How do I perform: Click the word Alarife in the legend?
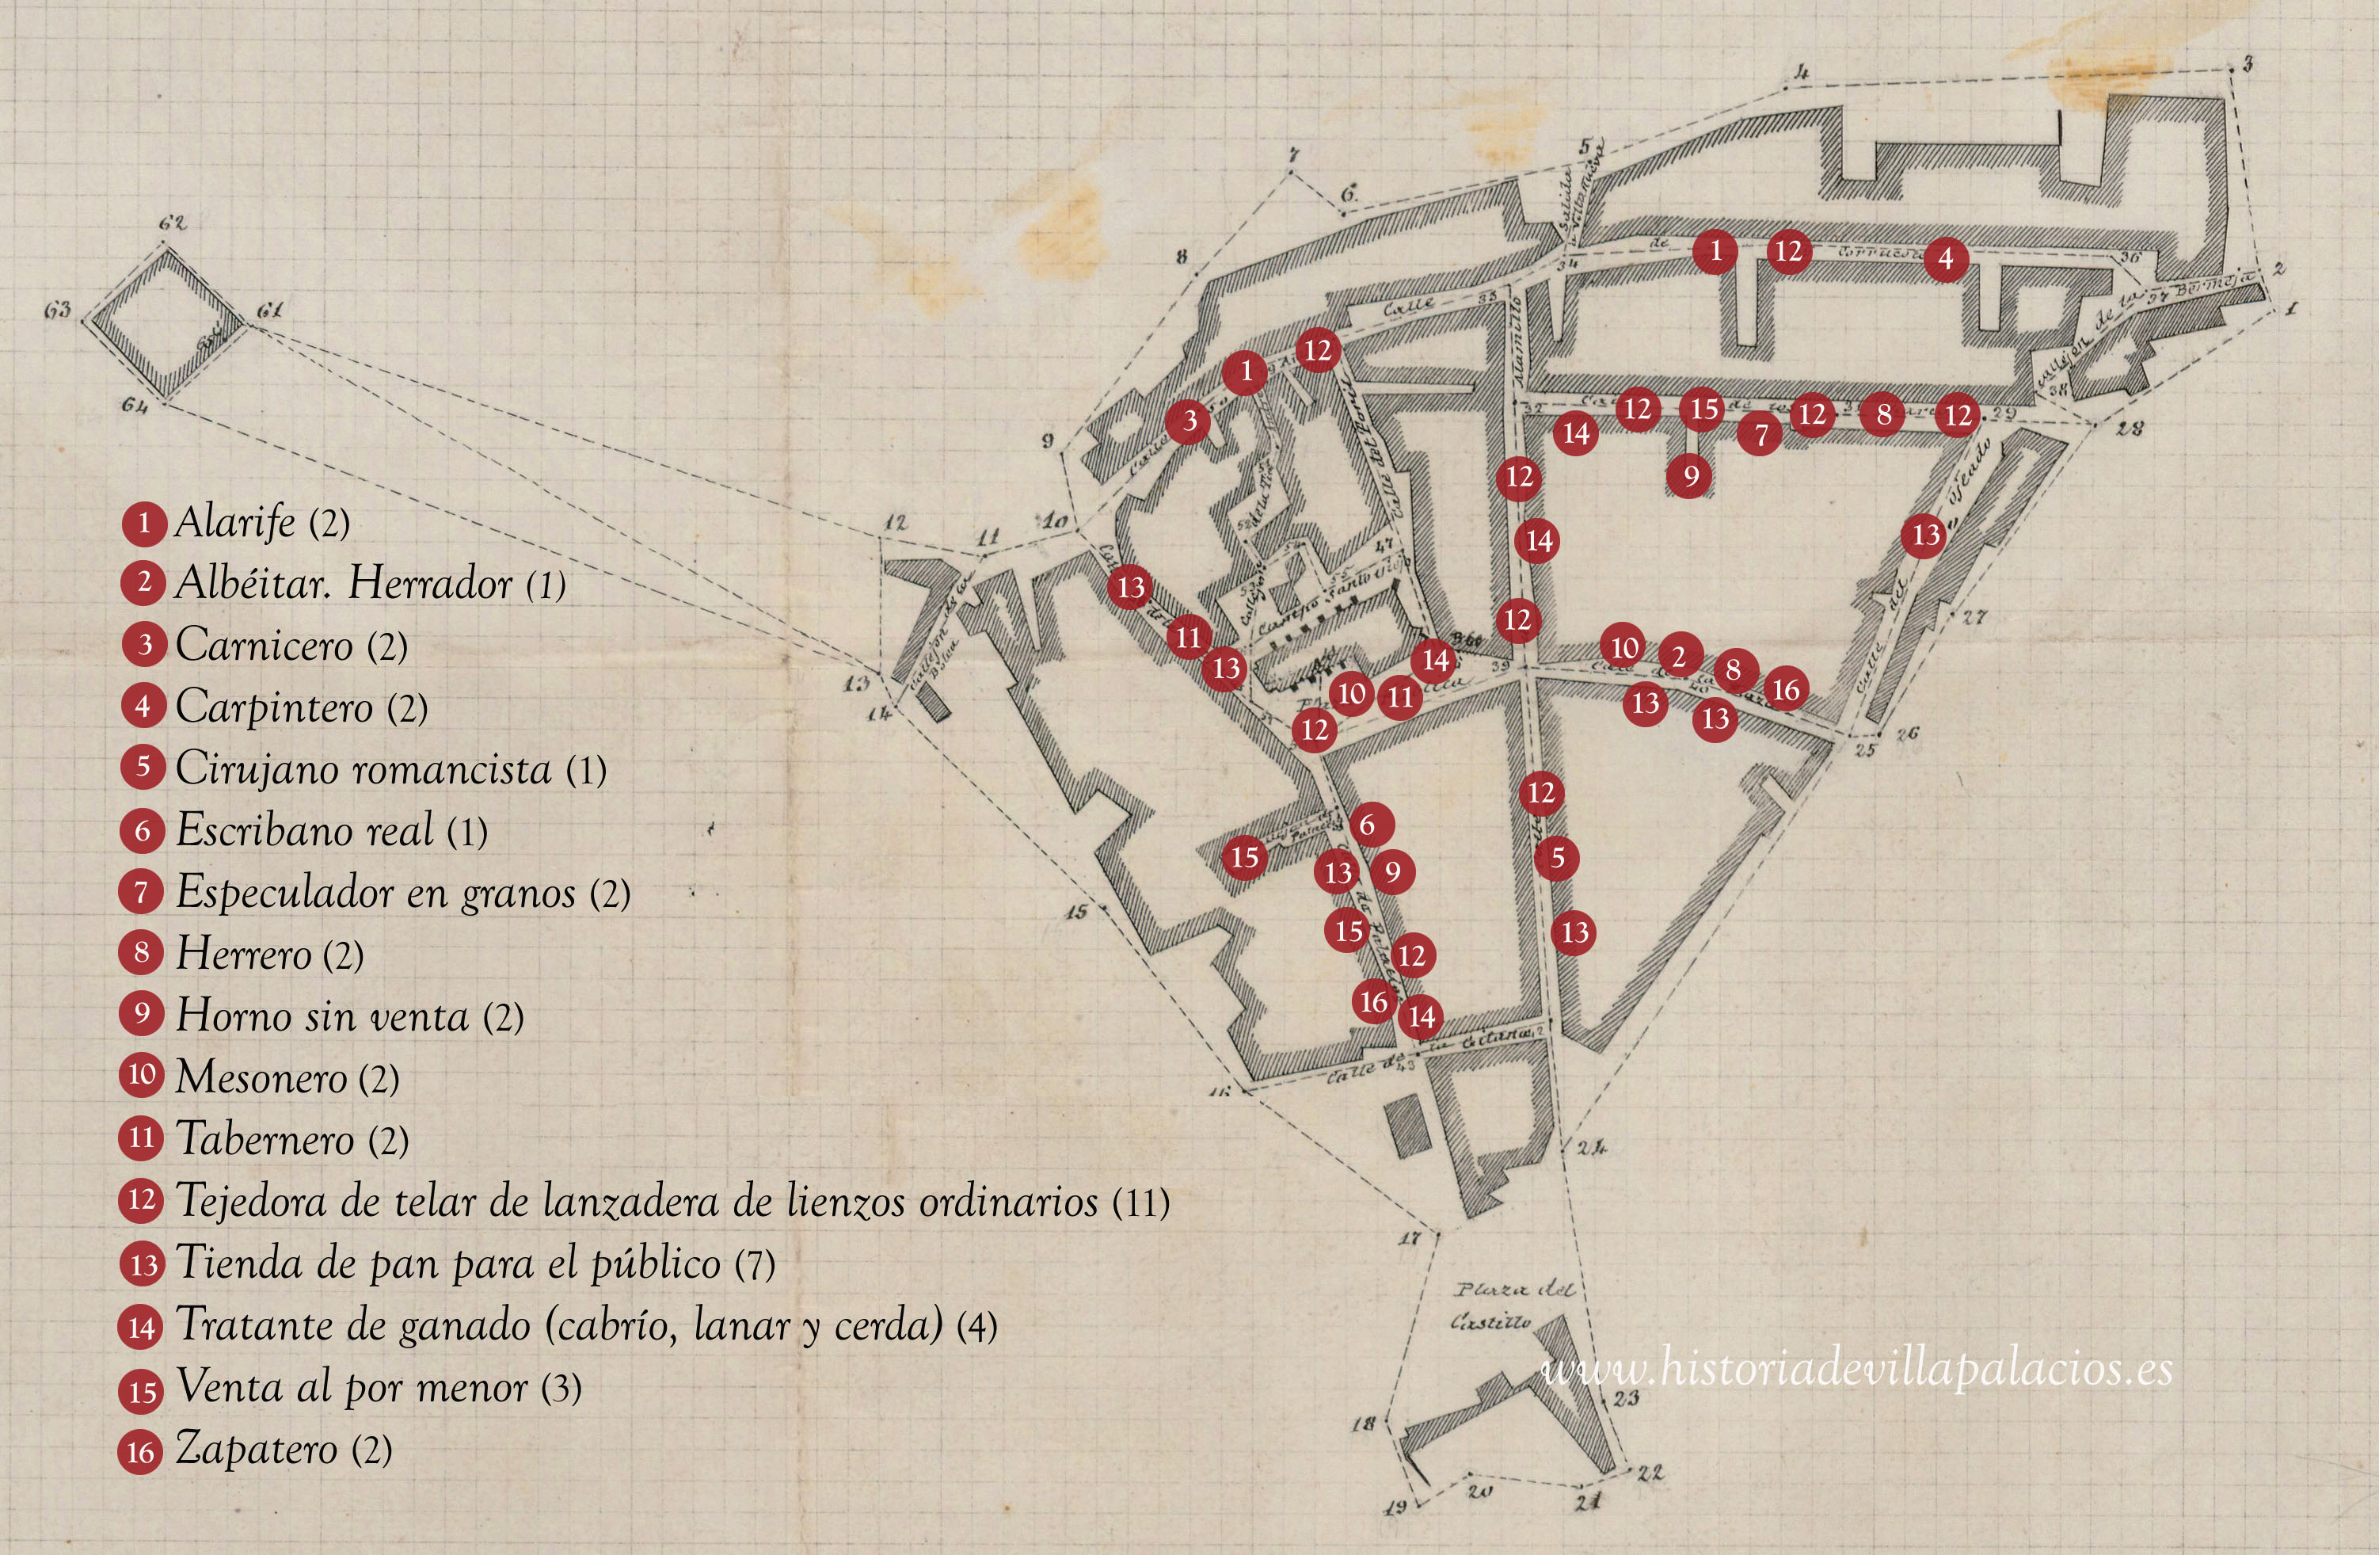click(x=235, y=522)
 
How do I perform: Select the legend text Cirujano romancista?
click(x=363, y=769)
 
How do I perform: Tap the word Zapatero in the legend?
click(x=256, y=1449)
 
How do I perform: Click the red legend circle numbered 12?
click(x=142, y=1200)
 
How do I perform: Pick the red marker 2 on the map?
click(x=1679, y=656)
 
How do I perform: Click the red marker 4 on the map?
click(x=1945, y=259)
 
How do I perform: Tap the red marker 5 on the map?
click(x=1557, y=858)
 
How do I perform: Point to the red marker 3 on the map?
click(x=1189, y=421)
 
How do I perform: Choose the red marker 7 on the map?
click(x=1761, y=434)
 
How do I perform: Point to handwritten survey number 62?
click(x=172, y=222)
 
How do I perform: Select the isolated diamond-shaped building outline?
click(x=164, y=322)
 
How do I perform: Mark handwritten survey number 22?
click(x=1650, y=1472)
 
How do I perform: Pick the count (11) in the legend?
click(x=1140, y=1202)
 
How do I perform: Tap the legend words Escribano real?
click(x=305, y=830)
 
